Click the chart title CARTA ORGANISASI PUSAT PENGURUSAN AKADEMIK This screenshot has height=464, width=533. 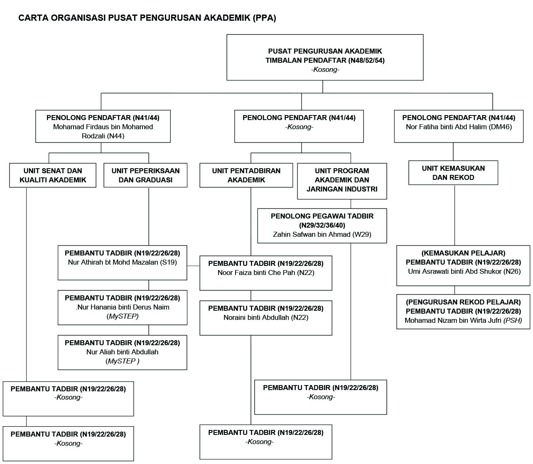147,18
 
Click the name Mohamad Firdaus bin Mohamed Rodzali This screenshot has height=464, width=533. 103,131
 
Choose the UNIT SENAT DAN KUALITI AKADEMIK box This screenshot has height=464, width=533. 53,175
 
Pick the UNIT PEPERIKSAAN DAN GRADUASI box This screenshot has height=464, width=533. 145,175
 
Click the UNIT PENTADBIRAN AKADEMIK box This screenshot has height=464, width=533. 246,175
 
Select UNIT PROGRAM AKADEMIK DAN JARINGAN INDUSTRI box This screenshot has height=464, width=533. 342,180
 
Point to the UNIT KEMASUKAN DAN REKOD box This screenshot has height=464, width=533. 453,173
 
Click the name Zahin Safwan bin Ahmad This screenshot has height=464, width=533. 322,234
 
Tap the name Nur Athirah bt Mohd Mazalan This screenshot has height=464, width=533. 122,262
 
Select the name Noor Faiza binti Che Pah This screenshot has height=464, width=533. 266,273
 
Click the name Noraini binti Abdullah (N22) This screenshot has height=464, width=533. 266,317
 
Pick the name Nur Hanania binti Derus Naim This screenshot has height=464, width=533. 123,307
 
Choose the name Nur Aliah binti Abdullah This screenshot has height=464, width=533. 122,352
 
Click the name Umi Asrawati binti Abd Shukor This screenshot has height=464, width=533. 464,271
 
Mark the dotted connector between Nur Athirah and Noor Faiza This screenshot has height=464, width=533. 193,265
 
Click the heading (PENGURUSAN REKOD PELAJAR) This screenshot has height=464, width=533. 463,302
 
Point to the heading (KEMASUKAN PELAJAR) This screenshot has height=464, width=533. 463,253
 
